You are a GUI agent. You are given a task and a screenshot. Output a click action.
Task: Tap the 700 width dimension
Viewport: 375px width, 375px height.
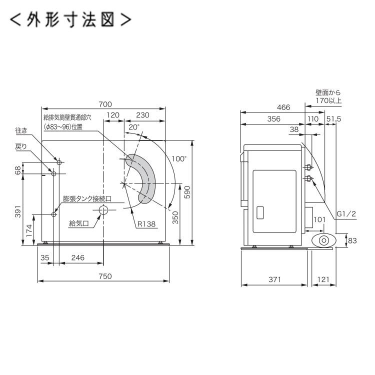coord(104,104)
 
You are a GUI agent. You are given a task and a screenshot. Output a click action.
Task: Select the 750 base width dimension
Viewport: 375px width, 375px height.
coord(104,275)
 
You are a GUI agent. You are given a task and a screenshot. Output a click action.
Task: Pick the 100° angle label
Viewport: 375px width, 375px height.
coord(178,159)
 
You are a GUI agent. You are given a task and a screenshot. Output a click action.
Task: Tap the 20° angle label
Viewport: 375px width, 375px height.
coord(133,127)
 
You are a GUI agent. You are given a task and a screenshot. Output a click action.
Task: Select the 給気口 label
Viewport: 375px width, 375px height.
coord(78,223)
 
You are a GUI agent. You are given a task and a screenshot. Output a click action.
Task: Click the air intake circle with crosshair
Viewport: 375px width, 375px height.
coord(103,210)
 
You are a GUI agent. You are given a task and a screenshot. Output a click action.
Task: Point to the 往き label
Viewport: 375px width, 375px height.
coord(35,131)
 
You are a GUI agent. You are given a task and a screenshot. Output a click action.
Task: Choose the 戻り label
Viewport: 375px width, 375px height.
coord(34,146)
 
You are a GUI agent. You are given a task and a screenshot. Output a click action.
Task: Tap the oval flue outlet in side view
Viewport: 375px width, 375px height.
coord(323,240)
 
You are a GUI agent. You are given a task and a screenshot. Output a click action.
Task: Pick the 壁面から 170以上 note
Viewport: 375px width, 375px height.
coord(328,96)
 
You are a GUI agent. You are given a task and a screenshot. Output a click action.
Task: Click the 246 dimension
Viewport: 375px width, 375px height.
coord(77,257)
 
